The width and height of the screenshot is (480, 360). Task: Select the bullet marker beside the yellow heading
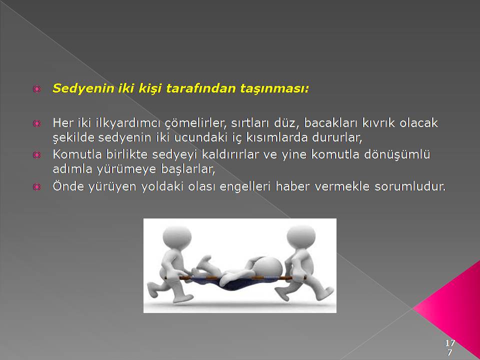point(36,89)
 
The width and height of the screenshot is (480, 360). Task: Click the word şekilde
point(73,138)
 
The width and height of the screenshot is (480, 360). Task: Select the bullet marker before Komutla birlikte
point(36,154)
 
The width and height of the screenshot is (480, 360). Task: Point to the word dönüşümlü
point(397,154)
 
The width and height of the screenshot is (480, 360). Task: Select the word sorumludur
point(410,186)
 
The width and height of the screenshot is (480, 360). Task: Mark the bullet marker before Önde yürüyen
point(36,186)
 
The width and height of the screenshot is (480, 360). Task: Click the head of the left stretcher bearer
point(177,237)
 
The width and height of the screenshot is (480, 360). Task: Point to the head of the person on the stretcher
point(268,267)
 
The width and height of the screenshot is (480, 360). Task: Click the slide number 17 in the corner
point(449,342)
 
